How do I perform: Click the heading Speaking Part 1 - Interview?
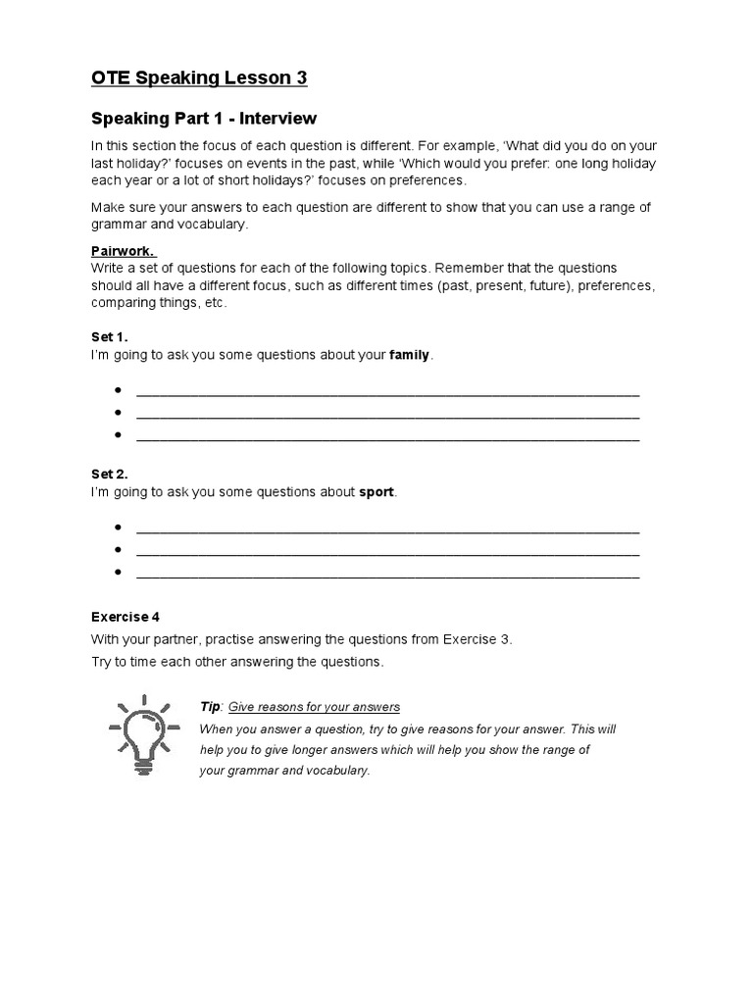204,119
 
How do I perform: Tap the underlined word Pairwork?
124,250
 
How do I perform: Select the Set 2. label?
110,475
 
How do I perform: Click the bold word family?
410,355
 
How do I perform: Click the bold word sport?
377,491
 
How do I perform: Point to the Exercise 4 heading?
125,617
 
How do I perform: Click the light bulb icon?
144,735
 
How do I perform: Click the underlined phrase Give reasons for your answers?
314,707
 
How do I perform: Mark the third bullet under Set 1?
118,435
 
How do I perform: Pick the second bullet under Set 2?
118,550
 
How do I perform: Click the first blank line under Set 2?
387,530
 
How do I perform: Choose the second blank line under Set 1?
387,416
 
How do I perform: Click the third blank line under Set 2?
387,575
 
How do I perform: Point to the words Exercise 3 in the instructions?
476,639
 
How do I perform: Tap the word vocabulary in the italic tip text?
336,770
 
